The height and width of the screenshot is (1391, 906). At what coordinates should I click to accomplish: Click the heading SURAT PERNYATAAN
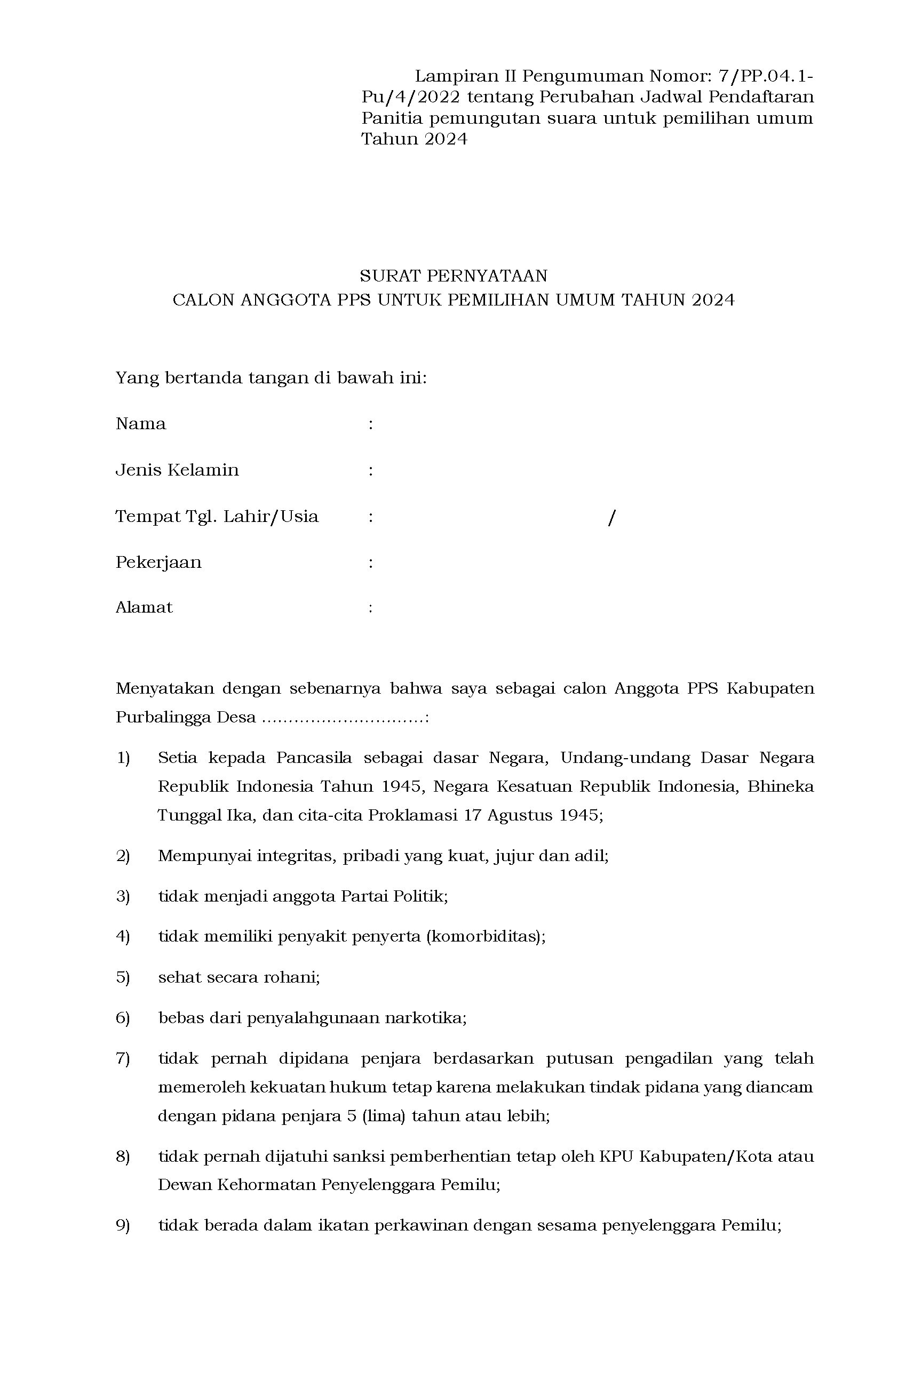pyautogui.click(x=454, y=275)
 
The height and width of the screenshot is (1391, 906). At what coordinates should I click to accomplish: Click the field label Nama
pyautogui.click(x=141, y=424)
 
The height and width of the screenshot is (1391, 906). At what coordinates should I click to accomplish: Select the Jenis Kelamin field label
pyautogui.click(x=177, y=470)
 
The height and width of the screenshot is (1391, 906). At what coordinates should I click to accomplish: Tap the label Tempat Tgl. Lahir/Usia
pyautogui.click(x=217, y=516)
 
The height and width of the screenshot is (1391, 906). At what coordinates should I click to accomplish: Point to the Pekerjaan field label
pyautogui.click(x=158, y=562)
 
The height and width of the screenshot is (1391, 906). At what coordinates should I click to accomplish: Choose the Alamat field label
pyautogui.click(x=144, y=607)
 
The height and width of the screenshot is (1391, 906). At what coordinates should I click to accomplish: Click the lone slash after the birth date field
pyautogui.click(x=612, y=517)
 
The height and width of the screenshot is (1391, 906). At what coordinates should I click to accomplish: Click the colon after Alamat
pyautogui.click(x=371, y=608)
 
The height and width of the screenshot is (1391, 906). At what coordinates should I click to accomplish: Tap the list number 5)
pyautogui.click(x=123, y=977)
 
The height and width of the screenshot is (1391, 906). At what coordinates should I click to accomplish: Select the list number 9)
pyautogui.click(x=123, y=1225)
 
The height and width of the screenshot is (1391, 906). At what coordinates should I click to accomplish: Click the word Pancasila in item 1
pyautogui.click(x=314, y=758)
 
